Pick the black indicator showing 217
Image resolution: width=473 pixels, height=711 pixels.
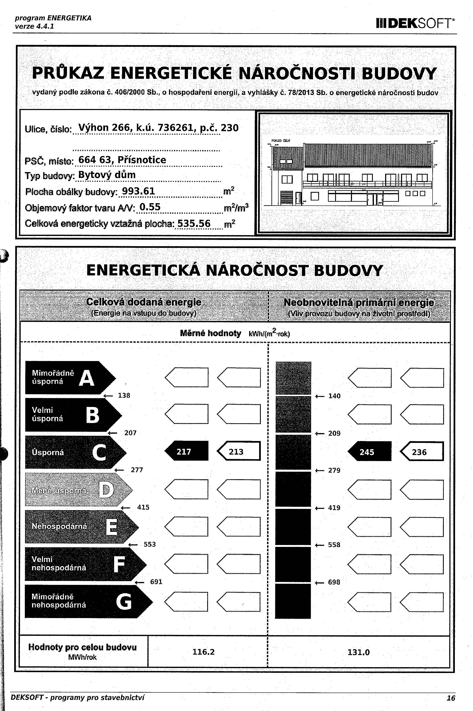[x=186, y=452]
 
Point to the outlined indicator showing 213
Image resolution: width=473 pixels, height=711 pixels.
[x=238, y=452]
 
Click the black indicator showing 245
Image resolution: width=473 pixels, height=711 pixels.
[x=369, y=452]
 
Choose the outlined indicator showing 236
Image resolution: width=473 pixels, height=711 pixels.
[x=421, y=452]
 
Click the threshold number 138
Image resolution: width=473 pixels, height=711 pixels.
[x=124, y=395]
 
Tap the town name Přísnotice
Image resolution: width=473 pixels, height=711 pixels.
[x=142, y=160]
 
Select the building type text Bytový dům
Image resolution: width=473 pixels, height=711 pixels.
[x=107, y=175]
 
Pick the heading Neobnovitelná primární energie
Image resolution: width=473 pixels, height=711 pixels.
[x=359, y=303]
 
